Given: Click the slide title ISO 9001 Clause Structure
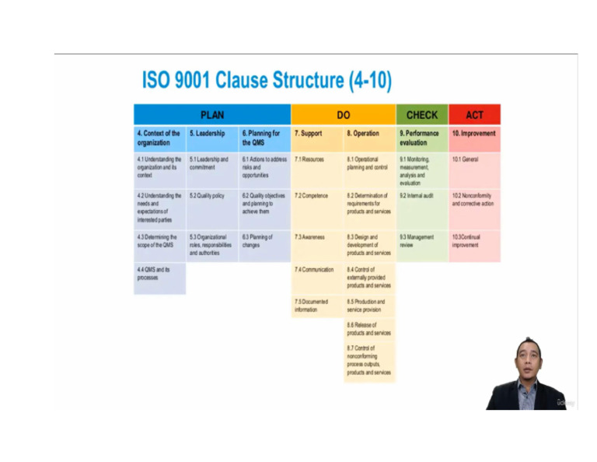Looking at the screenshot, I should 267,80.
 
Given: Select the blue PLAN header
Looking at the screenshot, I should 211,115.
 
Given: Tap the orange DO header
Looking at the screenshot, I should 343,115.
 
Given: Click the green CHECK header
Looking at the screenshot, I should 422,115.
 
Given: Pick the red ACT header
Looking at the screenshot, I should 474,115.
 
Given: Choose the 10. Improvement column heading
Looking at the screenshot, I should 474,134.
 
